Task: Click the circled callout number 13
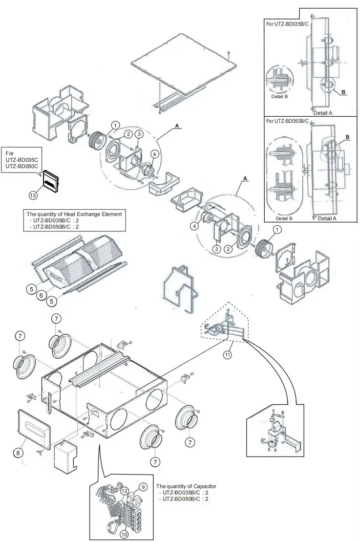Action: [33, 195]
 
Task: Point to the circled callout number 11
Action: [227, 354]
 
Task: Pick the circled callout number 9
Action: [143, 486]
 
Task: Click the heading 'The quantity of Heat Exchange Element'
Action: [75, 213]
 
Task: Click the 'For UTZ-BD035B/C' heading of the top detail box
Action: [287, 24]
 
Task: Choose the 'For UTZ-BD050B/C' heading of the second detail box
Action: [287, 121]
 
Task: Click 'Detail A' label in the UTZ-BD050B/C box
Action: [323, 219]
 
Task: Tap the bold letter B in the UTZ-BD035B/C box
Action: [344, 92]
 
